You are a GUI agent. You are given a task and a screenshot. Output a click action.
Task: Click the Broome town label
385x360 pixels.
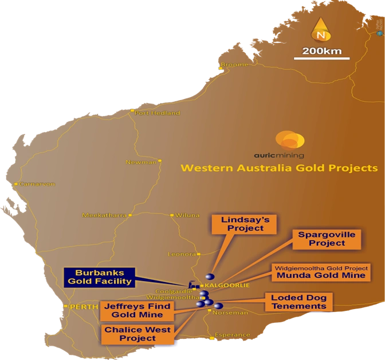click(x=235, y=65)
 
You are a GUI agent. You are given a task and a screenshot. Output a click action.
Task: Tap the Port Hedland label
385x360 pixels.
click(x=157, y=113)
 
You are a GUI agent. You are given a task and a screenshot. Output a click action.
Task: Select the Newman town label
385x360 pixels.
click(x=140, y=162)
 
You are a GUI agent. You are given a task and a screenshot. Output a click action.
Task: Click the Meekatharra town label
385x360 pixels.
click(x=104, y=216)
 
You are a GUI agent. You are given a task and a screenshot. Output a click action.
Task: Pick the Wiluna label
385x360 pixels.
click(x=187, y=216)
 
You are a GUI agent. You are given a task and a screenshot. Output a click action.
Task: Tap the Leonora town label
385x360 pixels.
click(x=182, y=254)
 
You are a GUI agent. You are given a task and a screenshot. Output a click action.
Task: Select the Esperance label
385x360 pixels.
click(x=232, y=335)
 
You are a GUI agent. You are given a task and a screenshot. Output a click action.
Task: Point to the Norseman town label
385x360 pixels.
click(x=230, y=313)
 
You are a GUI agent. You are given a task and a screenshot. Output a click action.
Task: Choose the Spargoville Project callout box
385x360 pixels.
click(x=327, y=239)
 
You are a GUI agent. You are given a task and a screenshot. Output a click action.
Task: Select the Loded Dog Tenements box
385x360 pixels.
click(x=298, y=302)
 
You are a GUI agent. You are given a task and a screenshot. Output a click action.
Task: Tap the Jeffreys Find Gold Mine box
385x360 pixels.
click(x=133, y=310)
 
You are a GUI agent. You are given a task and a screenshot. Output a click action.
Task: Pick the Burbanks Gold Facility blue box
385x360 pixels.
click(x=100, y=277)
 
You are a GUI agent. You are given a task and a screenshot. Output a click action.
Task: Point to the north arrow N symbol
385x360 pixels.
click(x=321, y=31)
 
